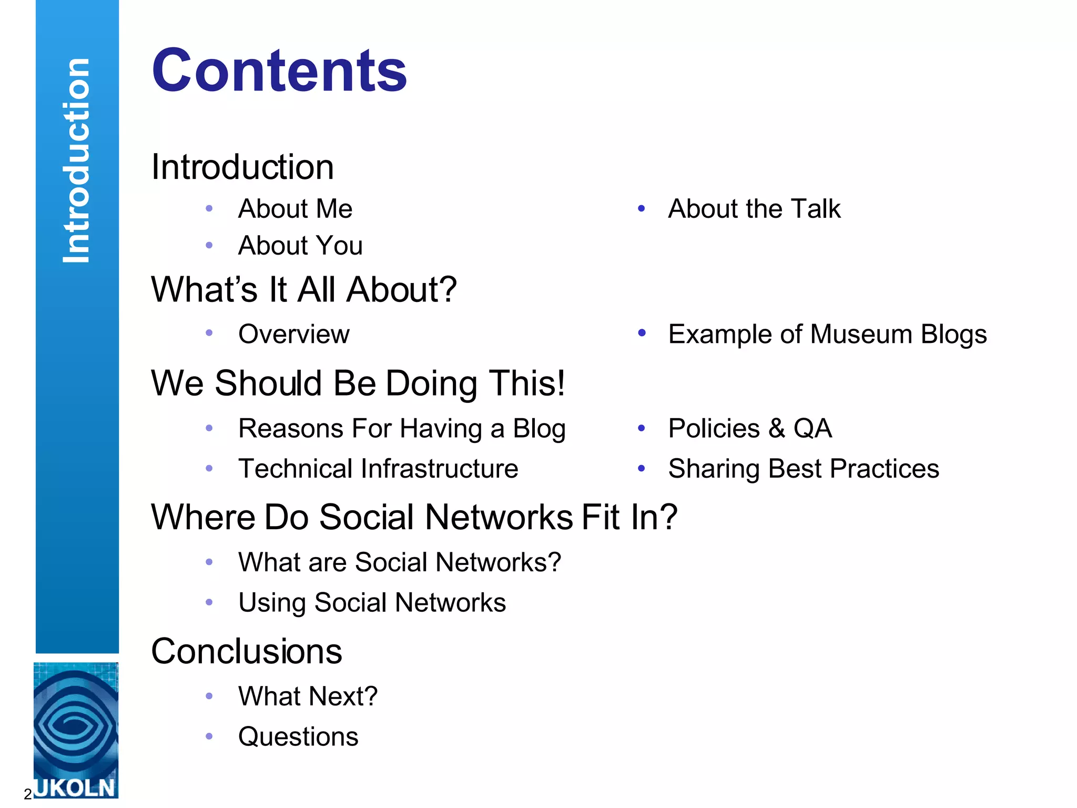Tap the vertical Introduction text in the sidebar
(x=77, y=160)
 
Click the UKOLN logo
(x=76, y=730)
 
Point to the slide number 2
(x=27, y=794)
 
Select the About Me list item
(x=295, y=209)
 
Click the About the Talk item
(x=754, y=209)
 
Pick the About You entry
(x=300, y=246)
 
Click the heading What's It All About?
(x=304, y=289)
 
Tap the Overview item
(x=294, y=334)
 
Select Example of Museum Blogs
(x=827, y=334)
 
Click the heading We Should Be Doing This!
(x=358, y=383)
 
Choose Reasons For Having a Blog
(x=402, y=429)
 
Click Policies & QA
(x=750, y=428)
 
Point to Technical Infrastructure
(x=378, y=469)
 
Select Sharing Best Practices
(x=804, y=469)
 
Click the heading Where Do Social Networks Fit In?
(x=414, y=517)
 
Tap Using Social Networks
(x=372, y=603)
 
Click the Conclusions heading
(x=247, y=651)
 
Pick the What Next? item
(x=308, y=696)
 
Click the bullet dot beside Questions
(x=209, y=736)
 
